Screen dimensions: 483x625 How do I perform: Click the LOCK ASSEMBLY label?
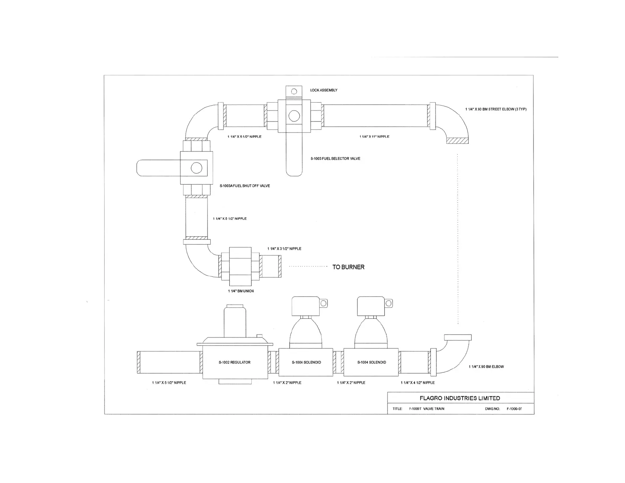324,90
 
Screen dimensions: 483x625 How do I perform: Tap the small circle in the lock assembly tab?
294,92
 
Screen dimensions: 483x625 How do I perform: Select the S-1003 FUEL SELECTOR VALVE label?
335,159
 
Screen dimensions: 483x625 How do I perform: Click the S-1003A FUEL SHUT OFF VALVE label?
245,186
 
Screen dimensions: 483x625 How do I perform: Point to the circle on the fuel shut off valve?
196,168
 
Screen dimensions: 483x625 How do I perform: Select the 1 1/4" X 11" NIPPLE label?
374,137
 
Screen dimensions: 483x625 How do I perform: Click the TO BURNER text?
348,267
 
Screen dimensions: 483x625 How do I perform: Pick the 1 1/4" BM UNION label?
241,291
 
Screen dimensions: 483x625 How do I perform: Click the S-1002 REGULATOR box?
234,362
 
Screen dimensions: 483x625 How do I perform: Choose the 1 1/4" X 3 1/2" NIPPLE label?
284,249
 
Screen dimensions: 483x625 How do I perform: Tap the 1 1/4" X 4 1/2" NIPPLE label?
417,383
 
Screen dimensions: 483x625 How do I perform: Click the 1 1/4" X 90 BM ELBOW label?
486,367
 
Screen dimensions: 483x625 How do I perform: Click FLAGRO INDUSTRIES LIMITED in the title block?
460,399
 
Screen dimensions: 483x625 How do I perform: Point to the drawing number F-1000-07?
514,409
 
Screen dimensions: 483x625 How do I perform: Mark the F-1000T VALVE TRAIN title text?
427,409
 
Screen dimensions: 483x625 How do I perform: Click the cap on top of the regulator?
235,307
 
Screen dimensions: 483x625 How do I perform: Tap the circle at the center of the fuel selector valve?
294,116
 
